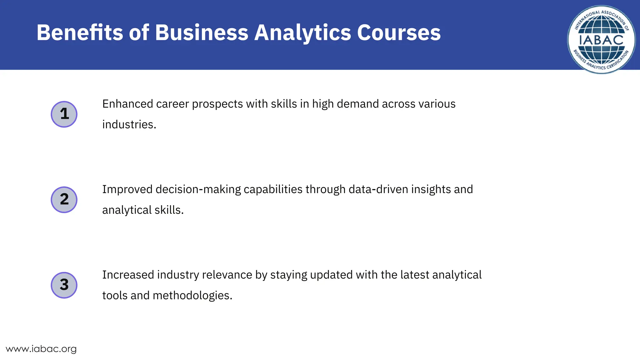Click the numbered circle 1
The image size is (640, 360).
pyautogui.click(x=64, y=114)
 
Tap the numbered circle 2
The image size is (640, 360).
pyautogui.click(x=64, y=200)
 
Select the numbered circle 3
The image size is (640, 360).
pyautogui.click(x=64, y=285)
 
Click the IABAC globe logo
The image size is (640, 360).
pyautogui.click(x=601, y=40)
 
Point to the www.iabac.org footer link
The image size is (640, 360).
pyautogui.click(x=41, y=349)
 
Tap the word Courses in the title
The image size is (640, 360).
pyautogui.click(x=399, y=32)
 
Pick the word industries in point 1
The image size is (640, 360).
pyautogui.click(x=129, y=124)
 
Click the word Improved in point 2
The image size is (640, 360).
pyautogui.click(x=127, y=190)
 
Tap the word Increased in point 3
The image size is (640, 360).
pyautogui.click(x=128, y=275)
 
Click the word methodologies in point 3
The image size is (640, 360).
pyautogui.click(x=192, y=296)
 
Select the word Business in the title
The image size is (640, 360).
pyautogui.click(x=202, y=32)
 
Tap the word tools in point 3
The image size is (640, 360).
pyautogui.click(x=115, y=296)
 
